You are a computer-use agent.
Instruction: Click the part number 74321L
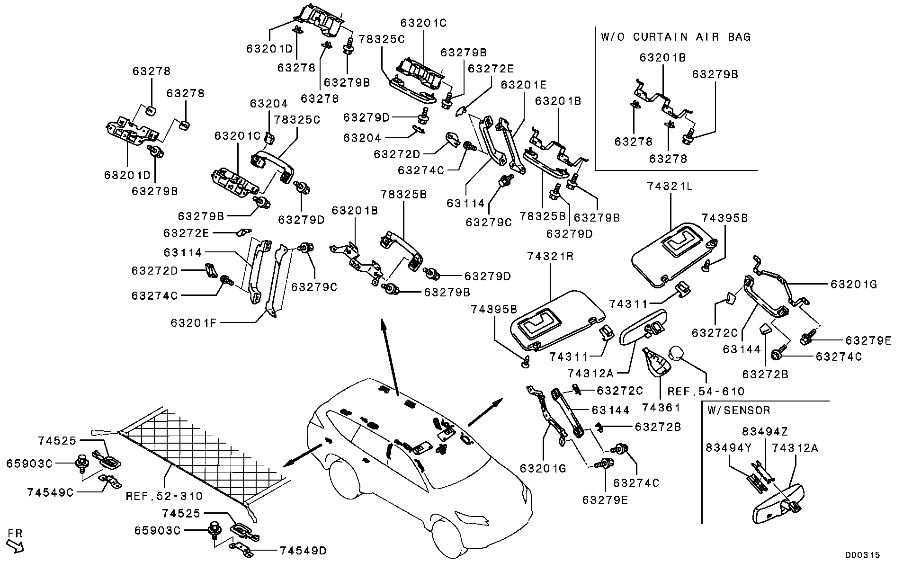click(670, 187)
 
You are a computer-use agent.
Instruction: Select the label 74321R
click(550, 257)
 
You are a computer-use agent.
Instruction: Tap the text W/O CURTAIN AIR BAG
click(676, 37)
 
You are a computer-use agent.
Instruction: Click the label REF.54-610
click(706, 392)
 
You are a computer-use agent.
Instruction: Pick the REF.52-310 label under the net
click(164, 496)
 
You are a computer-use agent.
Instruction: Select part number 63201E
click(524, 85)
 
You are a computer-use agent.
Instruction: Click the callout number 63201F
click(194, 323)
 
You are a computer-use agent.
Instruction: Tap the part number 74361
click(661, 407)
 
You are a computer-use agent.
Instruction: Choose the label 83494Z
click(765, 432)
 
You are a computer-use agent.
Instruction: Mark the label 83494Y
click(729, 448)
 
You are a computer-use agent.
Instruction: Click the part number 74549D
click(303, 551)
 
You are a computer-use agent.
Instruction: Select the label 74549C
click(51, 492)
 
